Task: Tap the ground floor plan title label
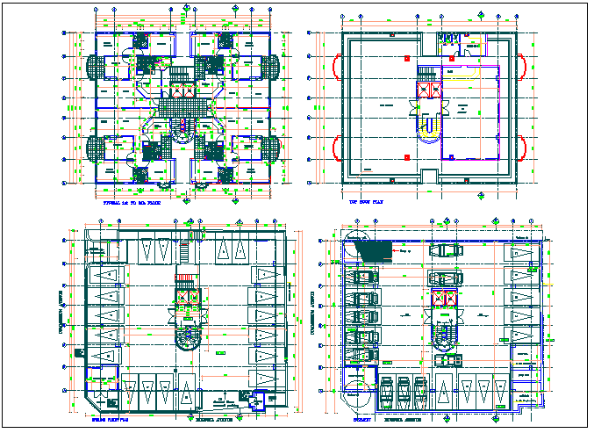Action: point(111,421)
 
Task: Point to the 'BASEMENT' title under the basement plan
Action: point(361,421)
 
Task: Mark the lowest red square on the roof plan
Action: point(405,155)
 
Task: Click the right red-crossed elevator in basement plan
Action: point(449,299)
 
